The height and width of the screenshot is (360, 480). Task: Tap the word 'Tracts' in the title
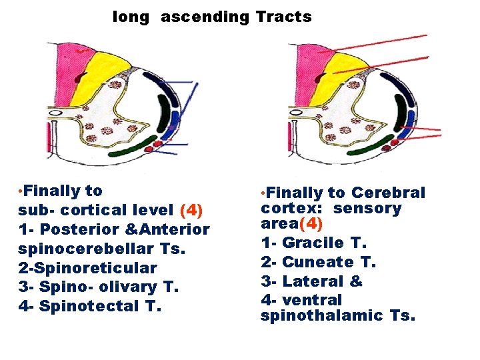(x=283, y=17)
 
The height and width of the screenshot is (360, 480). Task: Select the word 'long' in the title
(x=131, y=17)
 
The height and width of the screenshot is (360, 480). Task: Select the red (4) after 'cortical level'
(x=191, y=210)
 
